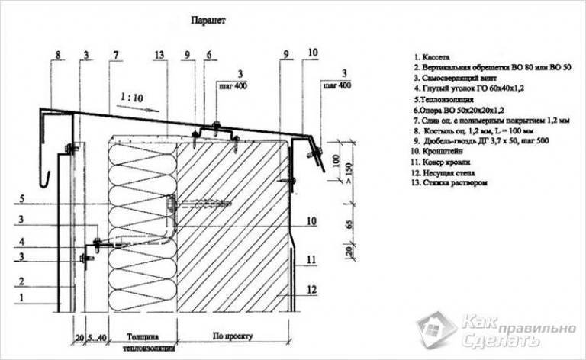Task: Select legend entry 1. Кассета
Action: [433, 57]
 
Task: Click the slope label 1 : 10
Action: [133, 97]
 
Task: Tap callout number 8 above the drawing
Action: [56, 54]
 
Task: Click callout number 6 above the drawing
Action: [208, 54]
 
